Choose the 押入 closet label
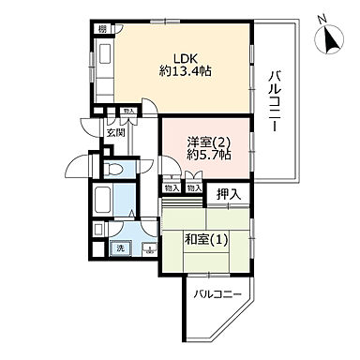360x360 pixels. pyautogui.click(x=228, y=194)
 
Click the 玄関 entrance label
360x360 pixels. pyautogui.click(x=115, y=134)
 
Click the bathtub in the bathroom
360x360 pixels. pyautogui.click(x=103, y=201)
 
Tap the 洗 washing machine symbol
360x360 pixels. pyautogui.click(x=119, y=248)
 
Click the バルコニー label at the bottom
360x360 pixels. pyautogui.click(x=218, y=295)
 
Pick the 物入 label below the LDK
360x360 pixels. pyautogui.click(x=127, y=112)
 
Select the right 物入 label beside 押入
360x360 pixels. pyautogui.click(x=193, y=188)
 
